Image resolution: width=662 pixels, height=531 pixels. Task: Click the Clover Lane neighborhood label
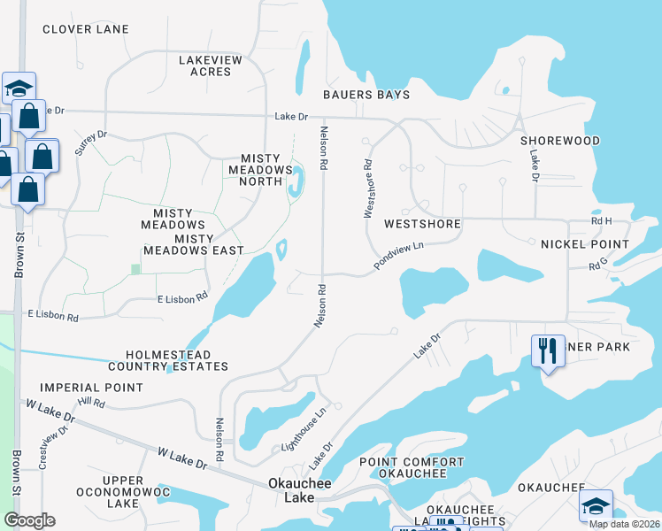[86, 29]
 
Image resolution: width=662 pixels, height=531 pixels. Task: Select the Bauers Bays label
[366, 95]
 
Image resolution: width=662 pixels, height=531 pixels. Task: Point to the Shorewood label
[560, 141]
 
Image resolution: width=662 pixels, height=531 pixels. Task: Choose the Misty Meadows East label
[209, 244]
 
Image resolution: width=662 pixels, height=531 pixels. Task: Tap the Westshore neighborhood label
[422, 224]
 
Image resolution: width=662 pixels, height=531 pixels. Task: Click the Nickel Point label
[585, 244]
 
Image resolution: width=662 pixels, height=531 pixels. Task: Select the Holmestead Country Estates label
[168, 359]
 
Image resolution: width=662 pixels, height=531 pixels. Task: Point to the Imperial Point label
[91, 388]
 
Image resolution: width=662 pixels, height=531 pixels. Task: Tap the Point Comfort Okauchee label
[412, 467]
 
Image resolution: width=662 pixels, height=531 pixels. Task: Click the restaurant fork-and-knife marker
[548, 350]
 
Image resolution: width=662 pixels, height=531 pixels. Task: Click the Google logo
[29, 520]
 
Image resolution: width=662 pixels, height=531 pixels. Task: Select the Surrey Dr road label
[90, 142]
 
